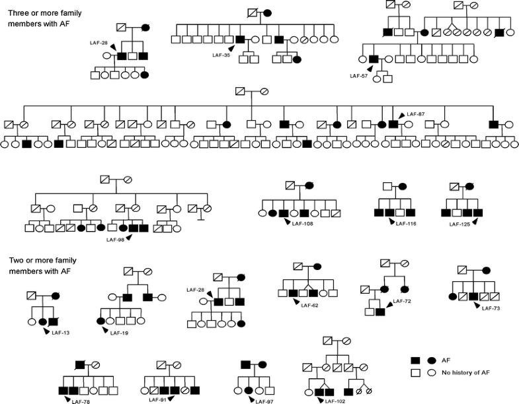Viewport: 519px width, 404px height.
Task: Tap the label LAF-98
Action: [116, 239]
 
